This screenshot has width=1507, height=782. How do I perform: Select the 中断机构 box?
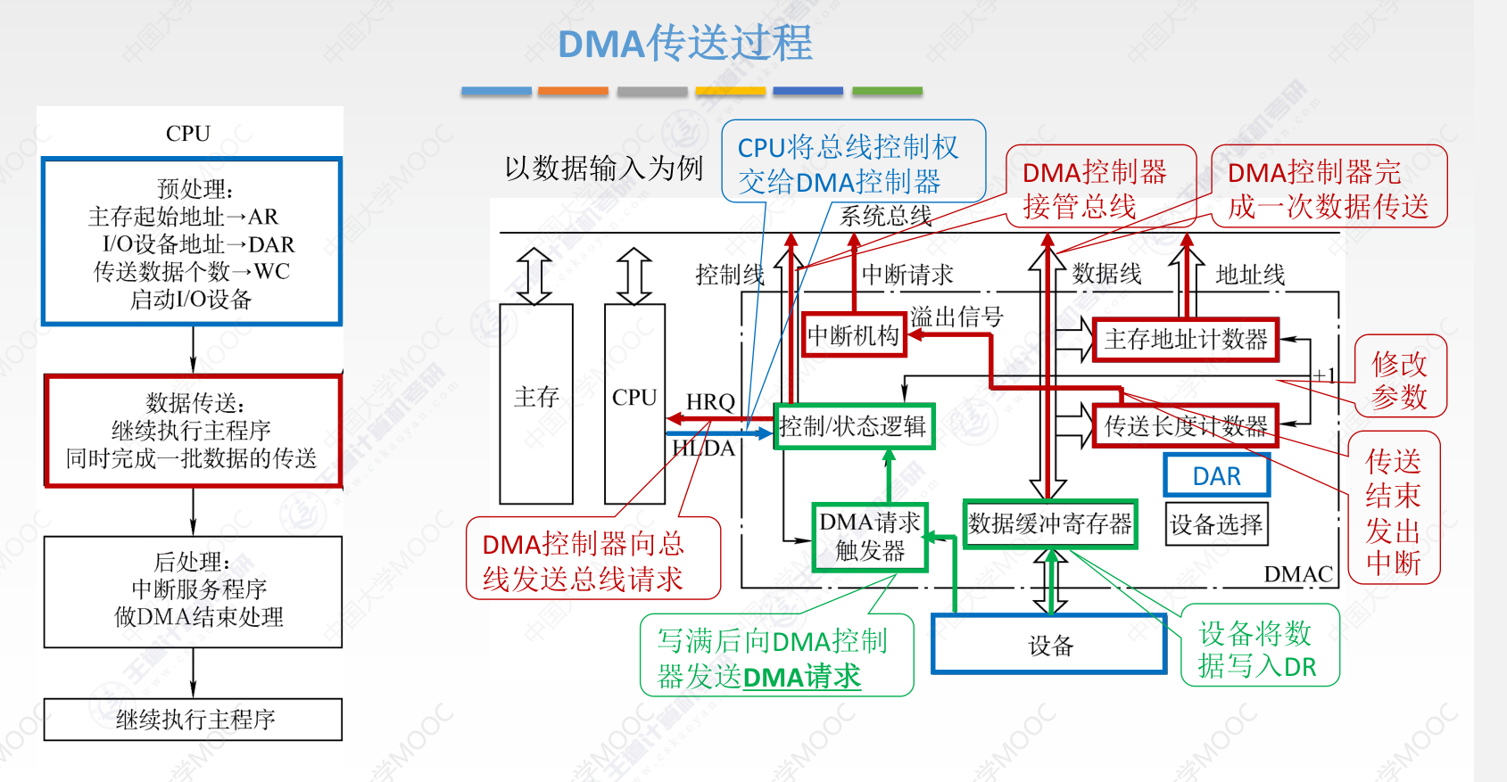pos(853,335)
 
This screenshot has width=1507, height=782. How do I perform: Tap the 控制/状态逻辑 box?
pos(854,426)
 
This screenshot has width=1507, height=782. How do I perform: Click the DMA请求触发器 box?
pos(870,537)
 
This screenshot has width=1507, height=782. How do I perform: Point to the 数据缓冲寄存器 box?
pos(1050,523)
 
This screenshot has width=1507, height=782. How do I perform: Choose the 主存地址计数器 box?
pos(1186,340)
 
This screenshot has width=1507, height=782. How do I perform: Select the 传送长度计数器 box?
pos(1186,425)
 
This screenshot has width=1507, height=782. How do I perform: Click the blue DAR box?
pos(1216,476)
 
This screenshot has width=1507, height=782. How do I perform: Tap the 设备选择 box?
pos(1216,524)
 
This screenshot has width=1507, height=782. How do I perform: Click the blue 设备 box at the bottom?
pos(1049,644)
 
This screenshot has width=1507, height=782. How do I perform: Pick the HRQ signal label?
pos(709,402)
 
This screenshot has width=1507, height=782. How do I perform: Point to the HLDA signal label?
pos(703,449)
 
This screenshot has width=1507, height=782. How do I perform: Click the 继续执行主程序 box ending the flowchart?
pos(193,720)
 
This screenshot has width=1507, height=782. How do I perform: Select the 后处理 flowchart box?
pos(193,592)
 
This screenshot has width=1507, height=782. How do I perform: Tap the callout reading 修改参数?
pos(1400,380)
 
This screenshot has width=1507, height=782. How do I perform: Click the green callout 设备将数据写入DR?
pos(1260,649)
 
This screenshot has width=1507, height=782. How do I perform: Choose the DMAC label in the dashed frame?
pos(1298,574)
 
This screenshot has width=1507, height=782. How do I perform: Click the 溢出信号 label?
pos(956,316)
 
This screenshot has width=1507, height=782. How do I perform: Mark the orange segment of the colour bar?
pos(573,91)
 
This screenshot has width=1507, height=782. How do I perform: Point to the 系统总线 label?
pos(885,216)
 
